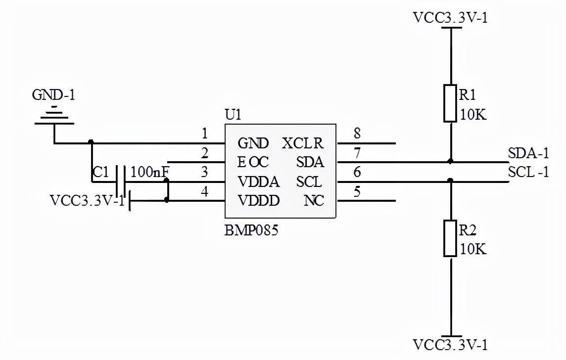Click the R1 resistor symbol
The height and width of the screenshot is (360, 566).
450,103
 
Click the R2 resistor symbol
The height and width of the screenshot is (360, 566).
450,238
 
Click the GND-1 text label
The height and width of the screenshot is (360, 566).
53,95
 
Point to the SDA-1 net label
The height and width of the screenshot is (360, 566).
528,153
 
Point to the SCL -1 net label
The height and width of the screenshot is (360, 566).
528,172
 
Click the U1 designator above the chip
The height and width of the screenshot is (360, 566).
233,115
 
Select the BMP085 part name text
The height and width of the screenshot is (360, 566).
252,230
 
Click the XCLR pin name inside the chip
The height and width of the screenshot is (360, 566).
302,143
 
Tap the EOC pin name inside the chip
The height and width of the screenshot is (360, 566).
253,162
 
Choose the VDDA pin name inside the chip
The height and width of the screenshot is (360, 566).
258,182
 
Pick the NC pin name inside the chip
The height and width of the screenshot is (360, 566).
314,201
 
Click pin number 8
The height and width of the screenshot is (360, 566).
357,134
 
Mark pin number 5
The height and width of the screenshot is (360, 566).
357,191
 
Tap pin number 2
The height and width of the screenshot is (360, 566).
205,153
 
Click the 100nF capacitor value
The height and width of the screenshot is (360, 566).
149,172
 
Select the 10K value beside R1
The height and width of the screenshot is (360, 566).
473,115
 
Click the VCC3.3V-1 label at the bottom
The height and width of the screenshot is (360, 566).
450,345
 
